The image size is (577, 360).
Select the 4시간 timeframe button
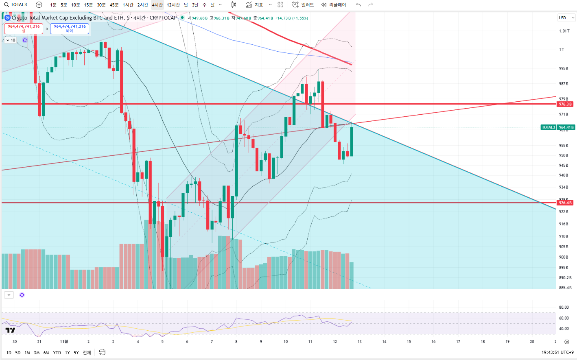pyautogui.click(x=157, y=5)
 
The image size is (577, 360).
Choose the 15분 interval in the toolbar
pyautogui.click(x=88, y=5)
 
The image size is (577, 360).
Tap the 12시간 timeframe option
pyautogui.click(x=173, y=5)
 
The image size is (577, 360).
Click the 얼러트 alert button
pyautogui.click(x=304, y=5)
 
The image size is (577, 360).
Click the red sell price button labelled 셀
pyautogui.click(x=24, y=28)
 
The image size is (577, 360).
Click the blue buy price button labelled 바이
pyautogui.click(x=70, y=28)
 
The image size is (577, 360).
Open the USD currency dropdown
pyautogui.click(x=566, y=18)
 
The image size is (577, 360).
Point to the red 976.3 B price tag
pyautogui.click(x=565, y=104)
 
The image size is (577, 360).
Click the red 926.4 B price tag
pyautogui.click(x=565, y=203)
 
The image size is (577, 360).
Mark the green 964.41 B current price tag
pyautogui.click(x=566, y=127)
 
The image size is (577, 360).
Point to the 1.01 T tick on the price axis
pyautogui.click(x=564, y=31)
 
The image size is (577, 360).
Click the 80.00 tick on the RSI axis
pyautogui.click(x=564, y=308)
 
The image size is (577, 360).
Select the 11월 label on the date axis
pyautogui.click(x=64, y=342)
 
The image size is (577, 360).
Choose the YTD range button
pyautogui.click(x=57, y=353)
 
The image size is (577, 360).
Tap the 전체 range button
pyautogui.click(x=87, y=353)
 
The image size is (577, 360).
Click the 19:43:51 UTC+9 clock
pyautogui.click(x=557, y=352)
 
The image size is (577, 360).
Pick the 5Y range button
pyautogui.click(x=76, y=353)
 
